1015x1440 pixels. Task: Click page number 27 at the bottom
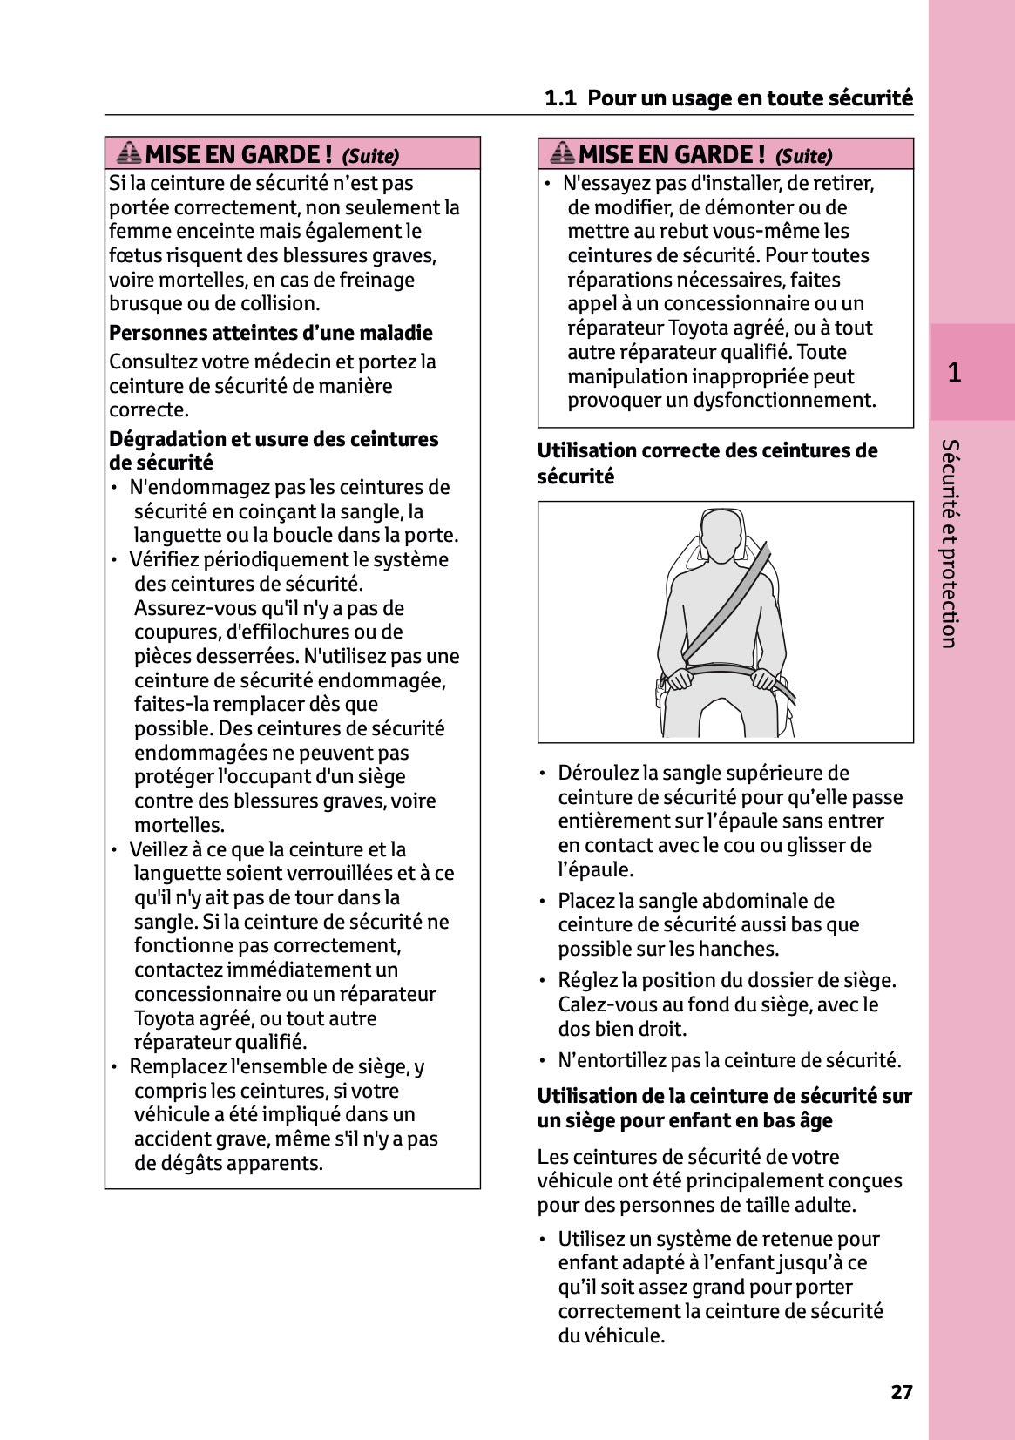[901, 1392]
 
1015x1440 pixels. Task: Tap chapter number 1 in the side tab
[954, 373]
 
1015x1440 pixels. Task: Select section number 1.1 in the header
[560, 98]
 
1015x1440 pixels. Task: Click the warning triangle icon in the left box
[128, 153]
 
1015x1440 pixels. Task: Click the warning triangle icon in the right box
[562, 153]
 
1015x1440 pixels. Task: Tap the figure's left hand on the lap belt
[768, 680]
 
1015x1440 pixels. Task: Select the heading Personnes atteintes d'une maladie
[270, 333]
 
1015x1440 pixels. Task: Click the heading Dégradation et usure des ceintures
[274, 439]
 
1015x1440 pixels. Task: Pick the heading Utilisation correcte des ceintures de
[707, 450]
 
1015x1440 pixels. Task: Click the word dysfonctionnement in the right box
[784, 401]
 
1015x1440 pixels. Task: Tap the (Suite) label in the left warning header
[370, 156]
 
